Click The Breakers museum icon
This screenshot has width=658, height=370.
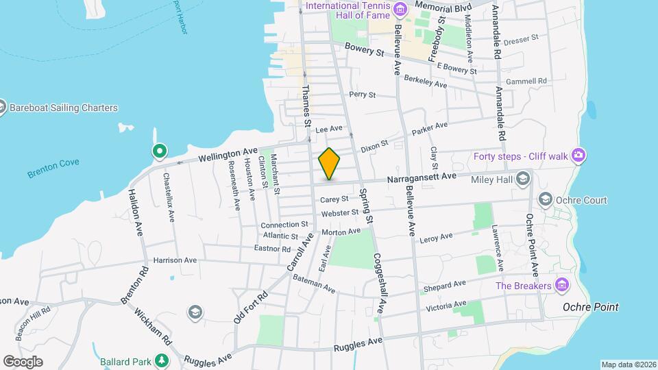[x=562, y=285]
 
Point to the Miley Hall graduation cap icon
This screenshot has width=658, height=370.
[x=523, y=180]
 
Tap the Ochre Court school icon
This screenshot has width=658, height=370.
[x=546, y=200]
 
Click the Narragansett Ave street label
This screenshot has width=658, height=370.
[x=422, y=177]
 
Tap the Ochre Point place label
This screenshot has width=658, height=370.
[x=591, y=308]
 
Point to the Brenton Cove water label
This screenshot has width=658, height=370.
[x=53, y=168]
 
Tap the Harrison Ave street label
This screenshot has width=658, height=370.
[x=175, y=260]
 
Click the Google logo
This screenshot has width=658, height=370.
[x=23, y=361]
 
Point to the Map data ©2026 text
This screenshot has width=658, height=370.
[x=629, y=364]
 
